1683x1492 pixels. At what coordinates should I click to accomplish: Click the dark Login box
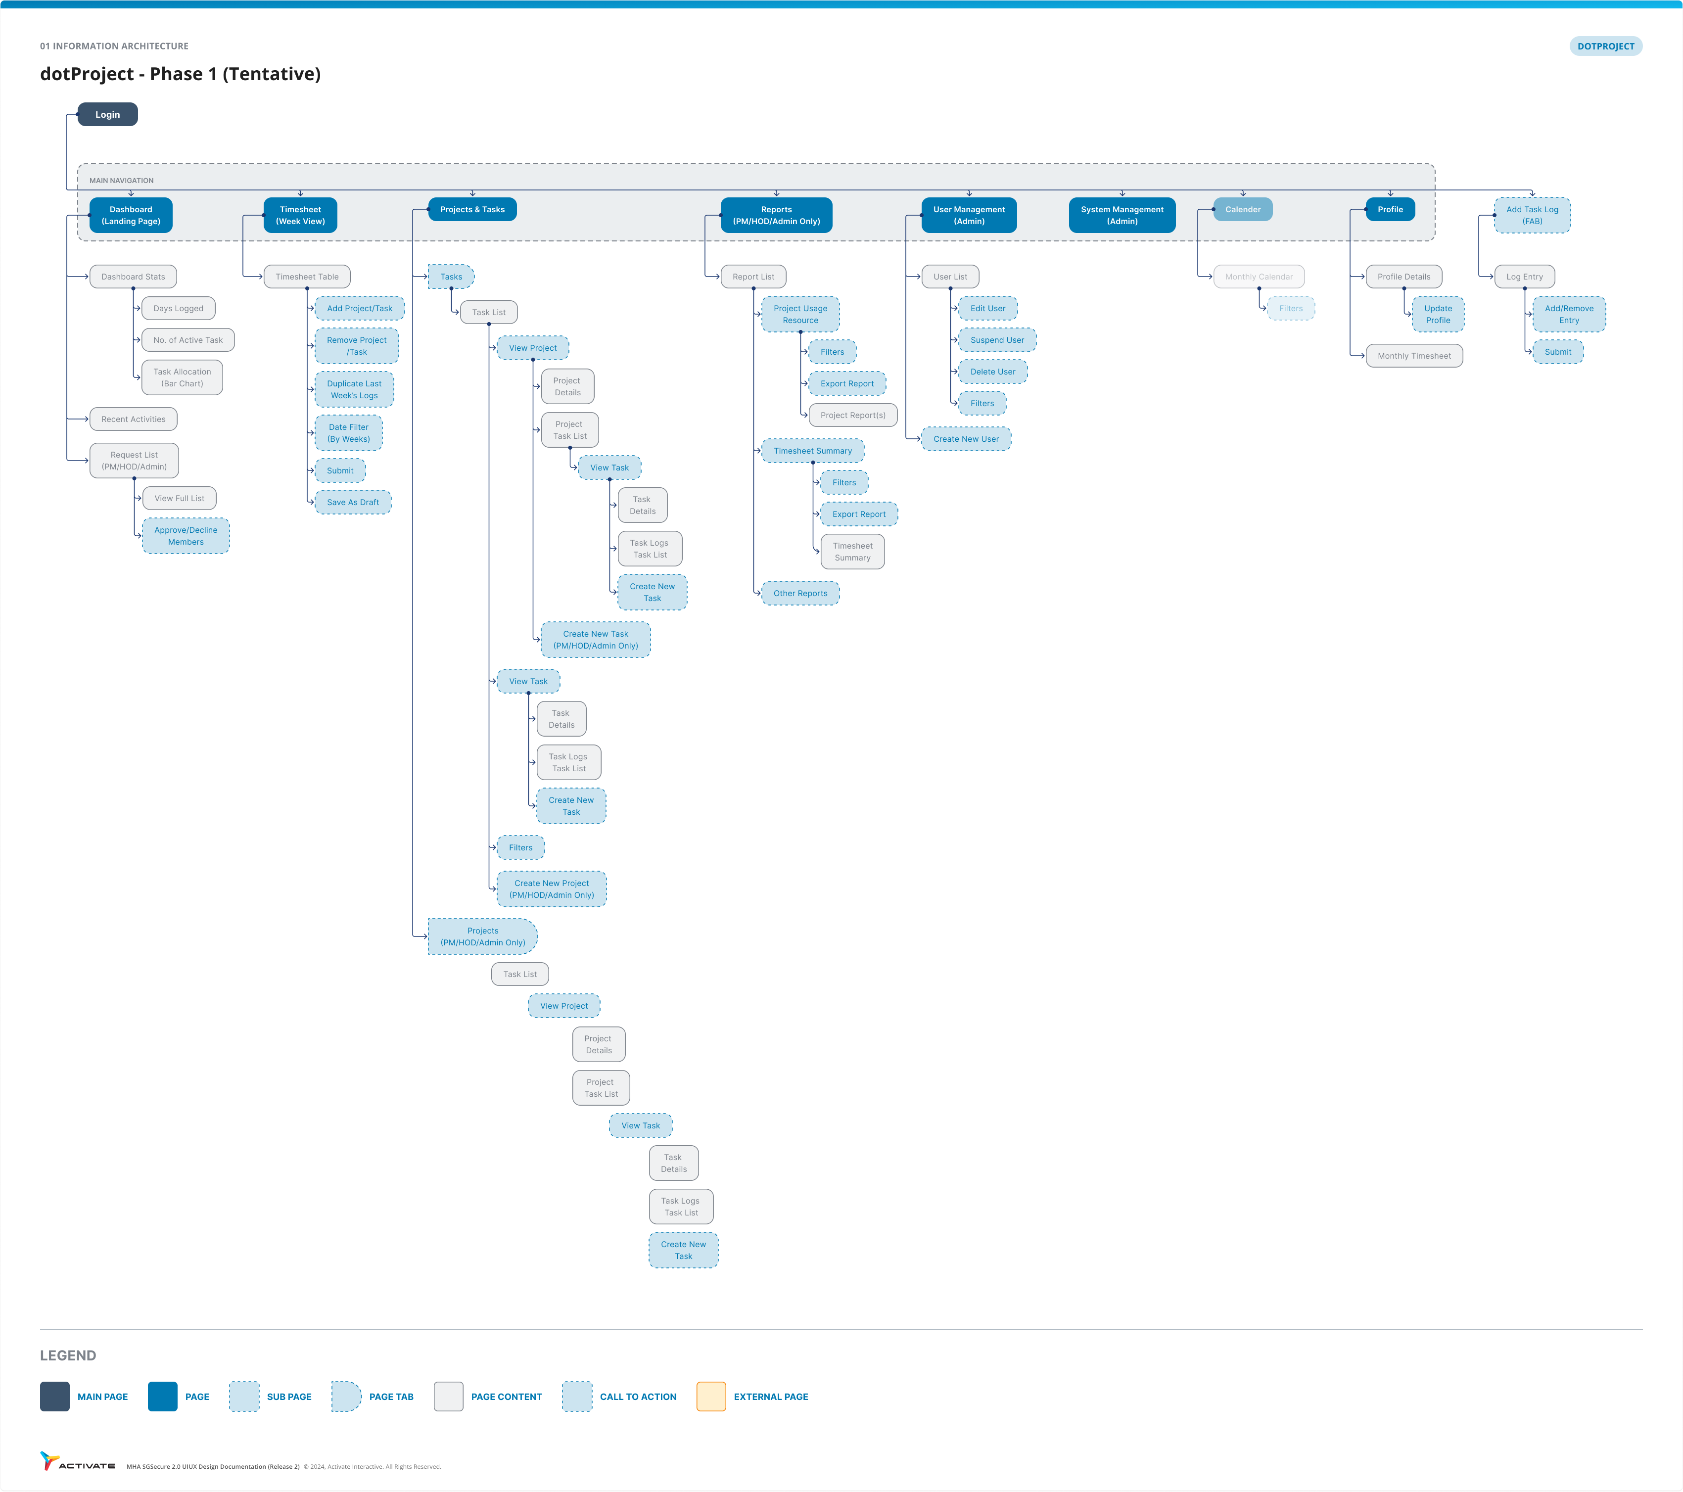pyautogui.click(x=107, y=114)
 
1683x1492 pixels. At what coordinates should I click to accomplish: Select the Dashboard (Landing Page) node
pyautogui.click(x=131, y=215)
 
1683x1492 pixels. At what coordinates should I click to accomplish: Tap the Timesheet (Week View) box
pyautogui.click(x=301, y=215)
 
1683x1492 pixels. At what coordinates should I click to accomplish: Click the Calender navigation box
pyautogui.click(x=1243, y=209)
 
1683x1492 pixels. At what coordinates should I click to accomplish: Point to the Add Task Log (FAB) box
pyautogui.click(x=1532, y=215)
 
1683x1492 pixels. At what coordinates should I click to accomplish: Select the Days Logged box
pyautogui.click(x=178, y=309)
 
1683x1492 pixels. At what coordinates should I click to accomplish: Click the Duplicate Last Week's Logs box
pyautogui.click(x=354, y=389)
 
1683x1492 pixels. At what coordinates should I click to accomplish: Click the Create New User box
pyautogui.click(x=966, y=439)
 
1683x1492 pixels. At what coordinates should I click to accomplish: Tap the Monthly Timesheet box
pyautogui.click(x=1414, y=356)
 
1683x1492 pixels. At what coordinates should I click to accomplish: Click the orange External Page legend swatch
pyautogui.click(x=710, y=1397)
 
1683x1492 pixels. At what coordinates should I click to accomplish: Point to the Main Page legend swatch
pyautogui.click(x=55, y=1397)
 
